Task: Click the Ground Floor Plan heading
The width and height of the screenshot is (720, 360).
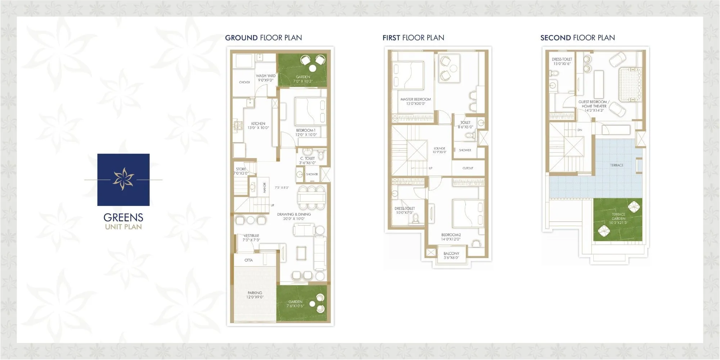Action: (263, 38)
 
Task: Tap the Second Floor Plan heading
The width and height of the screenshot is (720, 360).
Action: (577, 38)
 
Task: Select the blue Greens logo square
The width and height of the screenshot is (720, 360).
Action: (123, 180)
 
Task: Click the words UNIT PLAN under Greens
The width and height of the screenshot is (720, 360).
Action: (123, 227)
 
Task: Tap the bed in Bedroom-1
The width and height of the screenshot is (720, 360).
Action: (310, 111)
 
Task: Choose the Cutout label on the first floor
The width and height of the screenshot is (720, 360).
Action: (468, 168)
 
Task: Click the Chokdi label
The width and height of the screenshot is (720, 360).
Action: (244, 82)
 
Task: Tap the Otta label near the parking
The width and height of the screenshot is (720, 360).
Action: (248, 260)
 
